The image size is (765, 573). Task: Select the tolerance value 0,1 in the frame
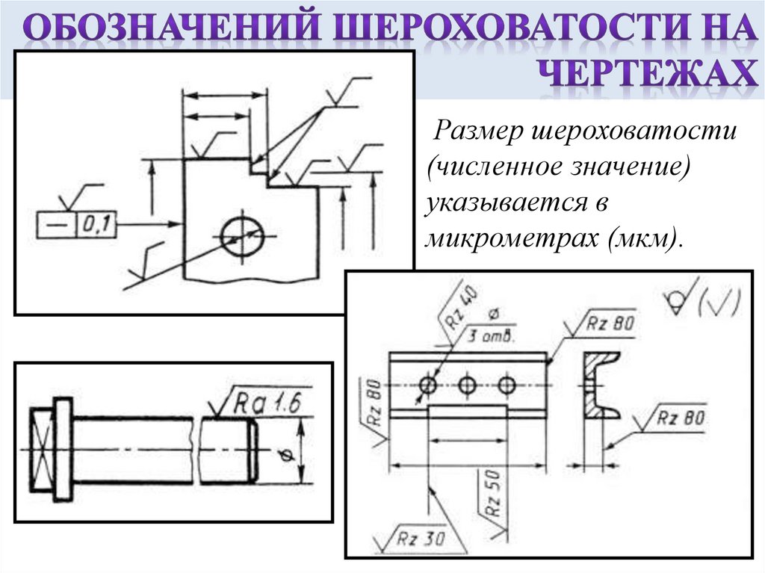(96, 223)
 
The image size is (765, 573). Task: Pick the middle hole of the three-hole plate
(468, 385)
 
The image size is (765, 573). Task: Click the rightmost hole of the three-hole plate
(507, 385)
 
